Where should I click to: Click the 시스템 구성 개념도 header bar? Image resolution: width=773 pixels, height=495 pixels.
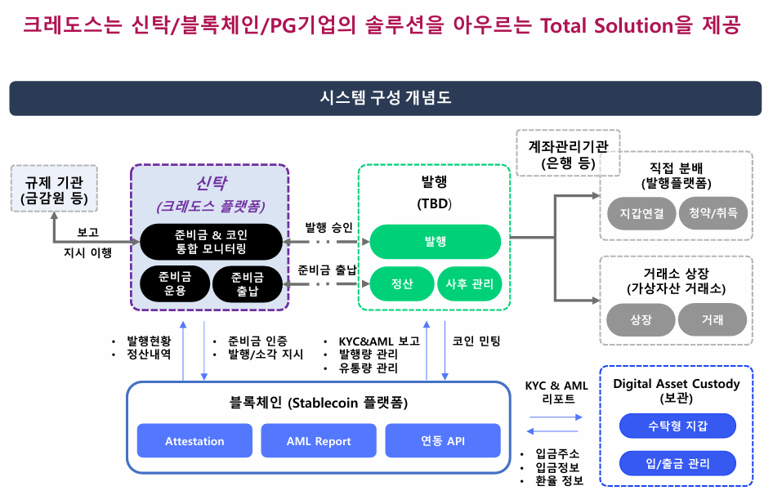click(386, 98)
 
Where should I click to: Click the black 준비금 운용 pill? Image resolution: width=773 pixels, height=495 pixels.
click(175, 283)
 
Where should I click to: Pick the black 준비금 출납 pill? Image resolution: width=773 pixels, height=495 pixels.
click(248, 283)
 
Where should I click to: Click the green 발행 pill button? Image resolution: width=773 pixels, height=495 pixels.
click(435, 242)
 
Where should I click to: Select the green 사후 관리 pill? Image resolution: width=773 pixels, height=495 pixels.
click(469, 284)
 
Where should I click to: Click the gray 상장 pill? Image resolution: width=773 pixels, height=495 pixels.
click(641, 319)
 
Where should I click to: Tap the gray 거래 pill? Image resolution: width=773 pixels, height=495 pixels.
click(712, 319)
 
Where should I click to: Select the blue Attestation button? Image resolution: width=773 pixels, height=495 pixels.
click(194, 441)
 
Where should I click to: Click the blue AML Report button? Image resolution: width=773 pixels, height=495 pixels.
click(319, 441)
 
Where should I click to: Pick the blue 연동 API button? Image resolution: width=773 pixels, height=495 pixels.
click(442, 441)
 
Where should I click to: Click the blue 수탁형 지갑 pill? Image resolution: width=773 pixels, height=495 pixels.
click(677, 426)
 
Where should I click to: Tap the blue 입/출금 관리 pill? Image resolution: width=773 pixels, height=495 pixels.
click(677, 464)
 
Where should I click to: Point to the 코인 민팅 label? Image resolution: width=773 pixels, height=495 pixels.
click(476, 341)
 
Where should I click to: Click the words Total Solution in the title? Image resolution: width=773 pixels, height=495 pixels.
click(607, 25)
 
